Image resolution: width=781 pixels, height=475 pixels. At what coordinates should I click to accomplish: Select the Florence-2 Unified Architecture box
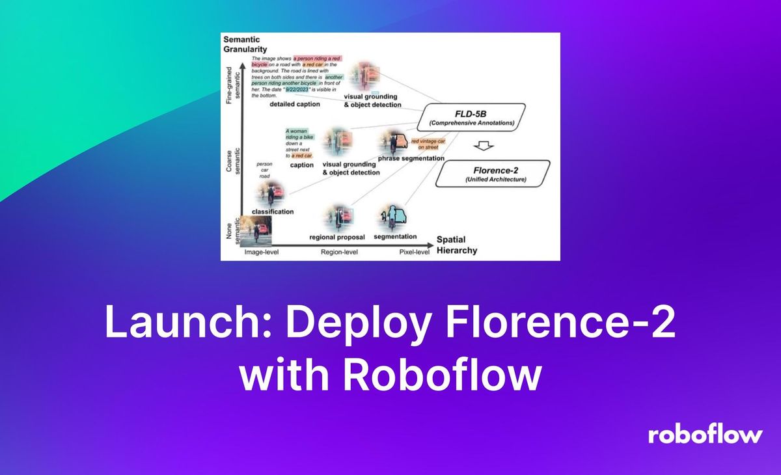(493, 174)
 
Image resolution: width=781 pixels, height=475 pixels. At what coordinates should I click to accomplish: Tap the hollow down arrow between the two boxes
(482, 144)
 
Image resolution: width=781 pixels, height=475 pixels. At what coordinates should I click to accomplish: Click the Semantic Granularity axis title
(242, 44)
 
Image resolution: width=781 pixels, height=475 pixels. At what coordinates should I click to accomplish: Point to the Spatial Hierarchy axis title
(456, 245)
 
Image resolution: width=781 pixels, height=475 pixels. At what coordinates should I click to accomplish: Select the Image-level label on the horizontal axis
(261, 251)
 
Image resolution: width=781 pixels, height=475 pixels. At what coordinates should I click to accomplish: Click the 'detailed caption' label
(294, 104)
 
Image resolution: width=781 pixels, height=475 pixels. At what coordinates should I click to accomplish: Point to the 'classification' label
(273, 211)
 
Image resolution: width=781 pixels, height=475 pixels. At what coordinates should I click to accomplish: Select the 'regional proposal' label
(337, 237)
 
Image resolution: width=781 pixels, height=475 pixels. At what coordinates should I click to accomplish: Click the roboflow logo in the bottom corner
(705, 435)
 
